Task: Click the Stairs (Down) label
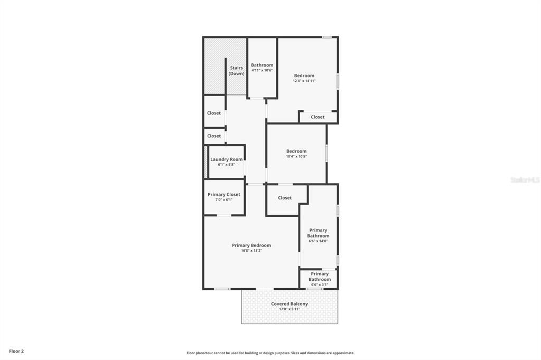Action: click(x=236, y=71)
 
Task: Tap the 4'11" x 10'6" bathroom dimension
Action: click(x=262, y=70)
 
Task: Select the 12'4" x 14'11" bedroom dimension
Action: click(x=304, y=81)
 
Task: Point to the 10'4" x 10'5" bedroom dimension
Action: click(x=296, y=156)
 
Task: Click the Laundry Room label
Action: click(x=226, y=159)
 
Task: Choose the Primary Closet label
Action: click(x=224, y=194)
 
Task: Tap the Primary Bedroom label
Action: click(x=251, y=245)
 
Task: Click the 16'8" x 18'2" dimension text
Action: click(x=251, y=251)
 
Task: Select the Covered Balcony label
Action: click(x=290, y=304)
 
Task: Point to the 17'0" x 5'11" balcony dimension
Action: click(x=290, y=309)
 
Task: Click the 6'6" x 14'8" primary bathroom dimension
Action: click(x=318, y=241)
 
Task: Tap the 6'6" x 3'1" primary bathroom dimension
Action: click(x=319, y=285)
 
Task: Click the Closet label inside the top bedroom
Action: click(x=318, y=117)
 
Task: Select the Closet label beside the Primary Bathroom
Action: click(x=285, y=198)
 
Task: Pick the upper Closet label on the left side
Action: click(x=214, y=113)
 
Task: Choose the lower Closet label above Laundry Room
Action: click(x=214, y=136)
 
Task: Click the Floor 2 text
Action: click(x=16, y=351)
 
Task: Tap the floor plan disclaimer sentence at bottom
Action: click(x=270, y=353)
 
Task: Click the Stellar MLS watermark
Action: click(x=525, y=180)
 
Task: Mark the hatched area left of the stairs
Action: click(x=214, y=66)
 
